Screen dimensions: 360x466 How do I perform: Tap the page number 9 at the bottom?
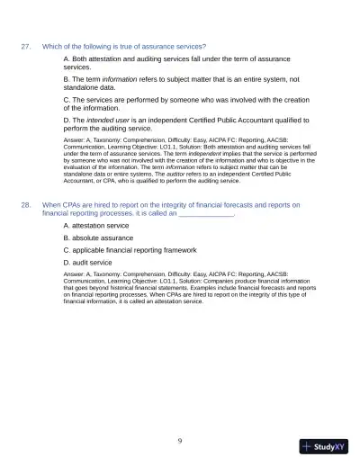click(x=180, y=440)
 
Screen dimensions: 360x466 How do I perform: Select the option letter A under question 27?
click(x=67, y=58)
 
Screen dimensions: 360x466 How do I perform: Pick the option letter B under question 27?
click(x=67, y=79)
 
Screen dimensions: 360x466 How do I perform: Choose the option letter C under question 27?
click(x=67, y=99)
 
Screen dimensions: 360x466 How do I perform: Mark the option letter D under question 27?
click(x=67, y=120)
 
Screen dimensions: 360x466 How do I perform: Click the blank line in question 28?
click(x=206, y=214)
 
